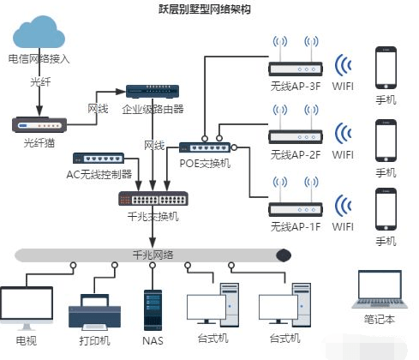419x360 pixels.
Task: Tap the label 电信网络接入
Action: (39, 59)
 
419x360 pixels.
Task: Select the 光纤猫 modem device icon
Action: (39, 124)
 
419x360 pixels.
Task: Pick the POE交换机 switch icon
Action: (206, 147)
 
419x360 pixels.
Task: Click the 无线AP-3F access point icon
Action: (293, 66)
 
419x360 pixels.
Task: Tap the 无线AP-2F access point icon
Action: (293, 135)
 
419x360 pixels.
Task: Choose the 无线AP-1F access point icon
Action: (293, 207)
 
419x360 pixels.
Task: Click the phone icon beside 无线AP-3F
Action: (386, 67)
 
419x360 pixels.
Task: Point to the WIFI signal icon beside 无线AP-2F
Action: (343, 135)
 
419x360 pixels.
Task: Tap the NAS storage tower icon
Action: (152, 306)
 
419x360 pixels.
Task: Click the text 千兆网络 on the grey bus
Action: (151, 255)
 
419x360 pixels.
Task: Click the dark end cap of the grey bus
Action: (282, 255)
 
